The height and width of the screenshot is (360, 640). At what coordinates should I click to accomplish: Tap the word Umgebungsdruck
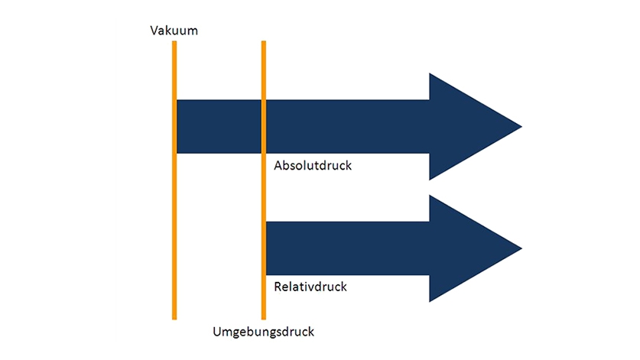click(x=263, y=332)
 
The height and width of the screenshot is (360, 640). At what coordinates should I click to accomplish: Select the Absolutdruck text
click(x=312, y=165)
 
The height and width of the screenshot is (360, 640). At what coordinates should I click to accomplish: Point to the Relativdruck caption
click(x=310, y=287)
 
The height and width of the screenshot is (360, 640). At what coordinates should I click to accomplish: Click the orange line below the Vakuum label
click(x=174, y=229)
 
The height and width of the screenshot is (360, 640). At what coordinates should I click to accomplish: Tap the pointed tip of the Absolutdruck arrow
click(x=521, y=126)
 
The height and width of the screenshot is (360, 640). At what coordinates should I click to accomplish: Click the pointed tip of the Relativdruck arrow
click(x=521, y=248)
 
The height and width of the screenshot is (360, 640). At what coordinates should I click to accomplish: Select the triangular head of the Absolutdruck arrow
click(x=466, y=126)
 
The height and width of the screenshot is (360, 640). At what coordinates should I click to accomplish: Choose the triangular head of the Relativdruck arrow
click(x=466, y=248)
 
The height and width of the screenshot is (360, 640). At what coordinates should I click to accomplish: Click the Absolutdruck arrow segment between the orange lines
click(x=219, y=126)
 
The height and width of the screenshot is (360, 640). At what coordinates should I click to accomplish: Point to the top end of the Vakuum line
click(x=174, y=43)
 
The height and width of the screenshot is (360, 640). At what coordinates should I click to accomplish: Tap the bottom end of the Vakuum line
click(x=174, y=317)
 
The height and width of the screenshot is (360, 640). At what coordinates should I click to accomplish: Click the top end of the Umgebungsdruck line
click(x=263, y=43)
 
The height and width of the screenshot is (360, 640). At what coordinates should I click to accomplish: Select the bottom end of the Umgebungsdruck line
click(x=263, y=317)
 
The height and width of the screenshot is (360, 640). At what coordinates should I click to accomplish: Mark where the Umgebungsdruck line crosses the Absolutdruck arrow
click(x=263, y=126)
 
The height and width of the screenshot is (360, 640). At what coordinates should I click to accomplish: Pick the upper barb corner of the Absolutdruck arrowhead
click(x=430, y=73)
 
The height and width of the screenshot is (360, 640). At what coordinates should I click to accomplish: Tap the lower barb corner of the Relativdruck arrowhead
click(x=430, y=301)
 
